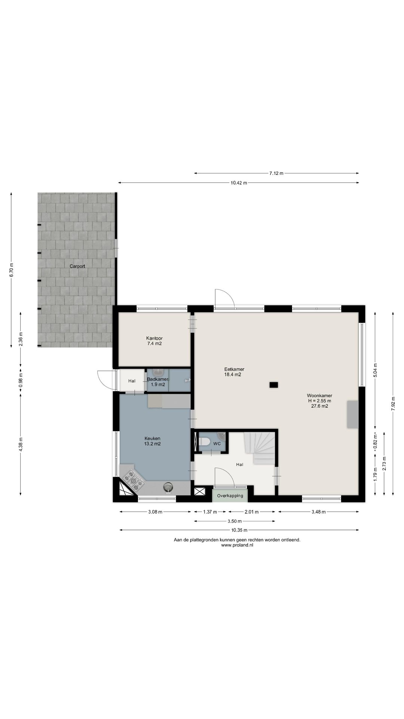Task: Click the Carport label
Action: pos(77,266)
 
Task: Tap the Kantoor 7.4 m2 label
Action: pos(154,341)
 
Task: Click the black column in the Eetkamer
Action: pos(274,384)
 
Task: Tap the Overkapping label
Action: pos(230,495)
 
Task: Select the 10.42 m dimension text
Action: pos(239,183)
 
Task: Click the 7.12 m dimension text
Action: pos(276,173)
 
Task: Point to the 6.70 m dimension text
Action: pos(11,270)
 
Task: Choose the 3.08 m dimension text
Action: pos(155,512)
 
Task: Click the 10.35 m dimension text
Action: pos(239,530)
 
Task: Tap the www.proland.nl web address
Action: pos(237,545)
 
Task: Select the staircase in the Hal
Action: pos(261,448)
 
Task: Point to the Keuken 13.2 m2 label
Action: pos(152,441)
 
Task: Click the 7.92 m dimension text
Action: pos(393,404)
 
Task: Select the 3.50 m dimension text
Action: pos(235,521)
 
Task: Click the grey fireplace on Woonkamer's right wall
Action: pos(353,414)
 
